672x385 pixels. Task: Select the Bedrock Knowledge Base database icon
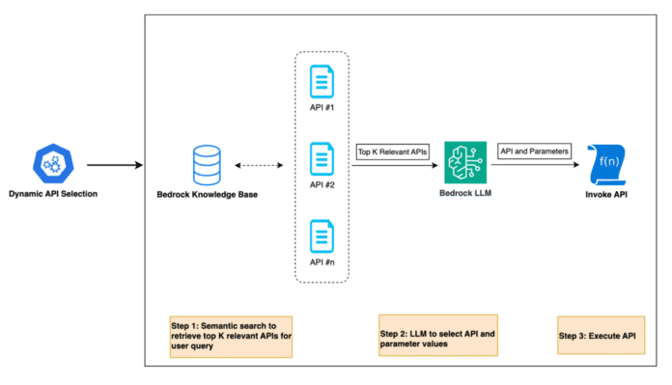pyautogui.click(x=206, y=164)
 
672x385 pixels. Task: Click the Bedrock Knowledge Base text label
pyautogui.click(x=207, y=195)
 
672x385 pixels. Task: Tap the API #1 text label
pyautogui.click(x=321, y=109)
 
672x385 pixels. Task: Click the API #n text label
pyautogui.click(x=321, y=262)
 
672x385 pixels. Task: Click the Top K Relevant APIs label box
pyautogui.click(x=391, y=151)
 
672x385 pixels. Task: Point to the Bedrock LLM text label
pyautogui.click(x=463, y=195)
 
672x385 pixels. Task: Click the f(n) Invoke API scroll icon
pyautogui.click(x=604, y=164)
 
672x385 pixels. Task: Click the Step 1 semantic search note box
pyautogui.click(x=230, y=335)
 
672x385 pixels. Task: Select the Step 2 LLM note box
pyautogui.click(x=437, y=335)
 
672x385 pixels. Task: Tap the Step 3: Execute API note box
pyautogui.click(x=601, y=335)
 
